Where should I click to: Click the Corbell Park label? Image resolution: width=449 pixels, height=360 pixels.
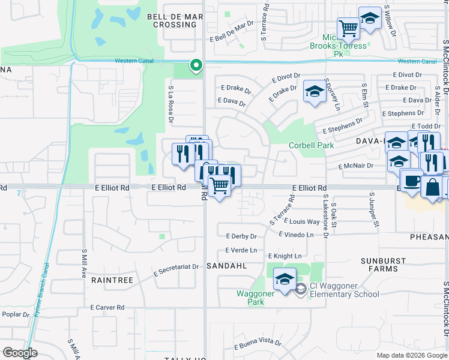point(311,145)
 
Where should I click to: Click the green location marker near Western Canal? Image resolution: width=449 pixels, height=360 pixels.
point(195,65)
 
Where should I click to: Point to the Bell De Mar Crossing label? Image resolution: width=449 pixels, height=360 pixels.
point(175,20)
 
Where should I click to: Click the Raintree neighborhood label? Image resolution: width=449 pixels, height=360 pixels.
point(111,280)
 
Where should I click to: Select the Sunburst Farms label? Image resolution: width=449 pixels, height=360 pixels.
point(379,265)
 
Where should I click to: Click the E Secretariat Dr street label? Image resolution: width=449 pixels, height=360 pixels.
point(176,268)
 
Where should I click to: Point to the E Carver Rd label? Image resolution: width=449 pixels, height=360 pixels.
point(107,307)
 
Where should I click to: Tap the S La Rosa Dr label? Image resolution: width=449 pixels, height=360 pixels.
point(171,104)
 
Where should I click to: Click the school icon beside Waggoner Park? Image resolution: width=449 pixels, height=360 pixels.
point(285,278)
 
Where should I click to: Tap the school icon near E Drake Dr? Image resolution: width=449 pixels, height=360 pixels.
point(314,91)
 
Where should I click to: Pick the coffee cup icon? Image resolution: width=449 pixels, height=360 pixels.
point(412,180)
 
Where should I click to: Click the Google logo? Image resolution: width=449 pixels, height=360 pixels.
point(20,353)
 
